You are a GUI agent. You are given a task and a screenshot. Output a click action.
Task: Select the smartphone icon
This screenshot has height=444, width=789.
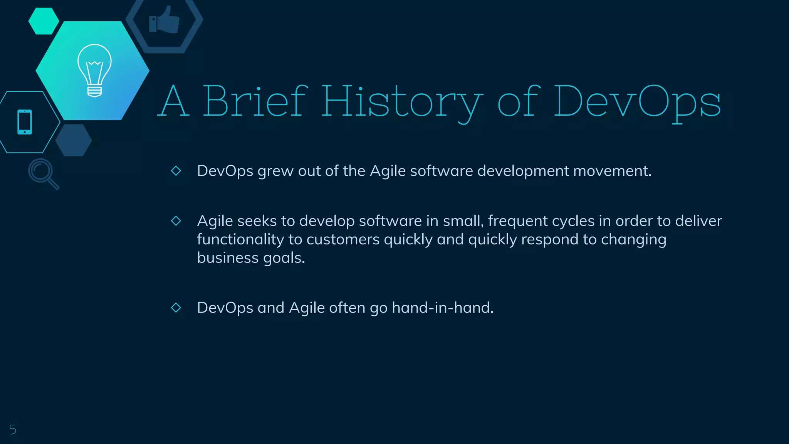pyautogui.click(x=25, y=122)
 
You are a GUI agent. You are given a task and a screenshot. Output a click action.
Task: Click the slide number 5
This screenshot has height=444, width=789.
pyautogui.click(x=13, y=429)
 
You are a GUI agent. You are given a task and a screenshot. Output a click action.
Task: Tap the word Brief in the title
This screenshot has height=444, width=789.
pyautogui.click(x=255, y=101)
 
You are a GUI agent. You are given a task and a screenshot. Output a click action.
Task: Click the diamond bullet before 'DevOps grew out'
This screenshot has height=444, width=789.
pyautogui.click(x=176, y=171)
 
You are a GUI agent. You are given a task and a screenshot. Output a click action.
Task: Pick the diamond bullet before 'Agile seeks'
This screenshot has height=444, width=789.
pyautogui.click(x=176, y=221)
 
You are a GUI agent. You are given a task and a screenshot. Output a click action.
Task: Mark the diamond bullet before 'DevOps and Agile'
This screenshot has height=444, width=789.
pyautogui.click(x=176, y=308)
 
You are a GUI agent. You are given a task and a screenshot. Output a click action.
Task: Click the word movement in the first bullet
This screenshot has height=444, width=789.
pyautogui.click(x=612, y=171)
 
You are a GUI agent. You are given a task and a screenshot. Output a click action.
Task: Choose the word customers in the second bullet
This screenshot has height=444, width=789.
pyautogui.click(x=343, y=239)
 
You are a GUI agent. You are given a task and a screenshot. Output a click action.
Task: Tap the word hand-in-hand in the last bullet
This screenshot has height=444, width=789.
pyautogui.click(x=443, y=308)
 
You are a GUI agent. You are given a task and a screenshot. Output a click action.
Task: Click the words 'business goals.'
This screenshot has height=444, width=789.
pyautogui.click(x=251, y=258)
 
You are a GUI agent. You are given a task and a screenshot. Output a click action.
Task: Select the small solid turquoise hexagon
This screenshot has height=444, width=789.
pyautogui.click(x=44, y=21)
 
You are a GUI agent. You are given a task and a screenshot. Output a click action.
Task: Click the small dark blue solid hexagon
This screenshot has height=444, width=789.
pyautogui.click(x=74, y=140)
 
